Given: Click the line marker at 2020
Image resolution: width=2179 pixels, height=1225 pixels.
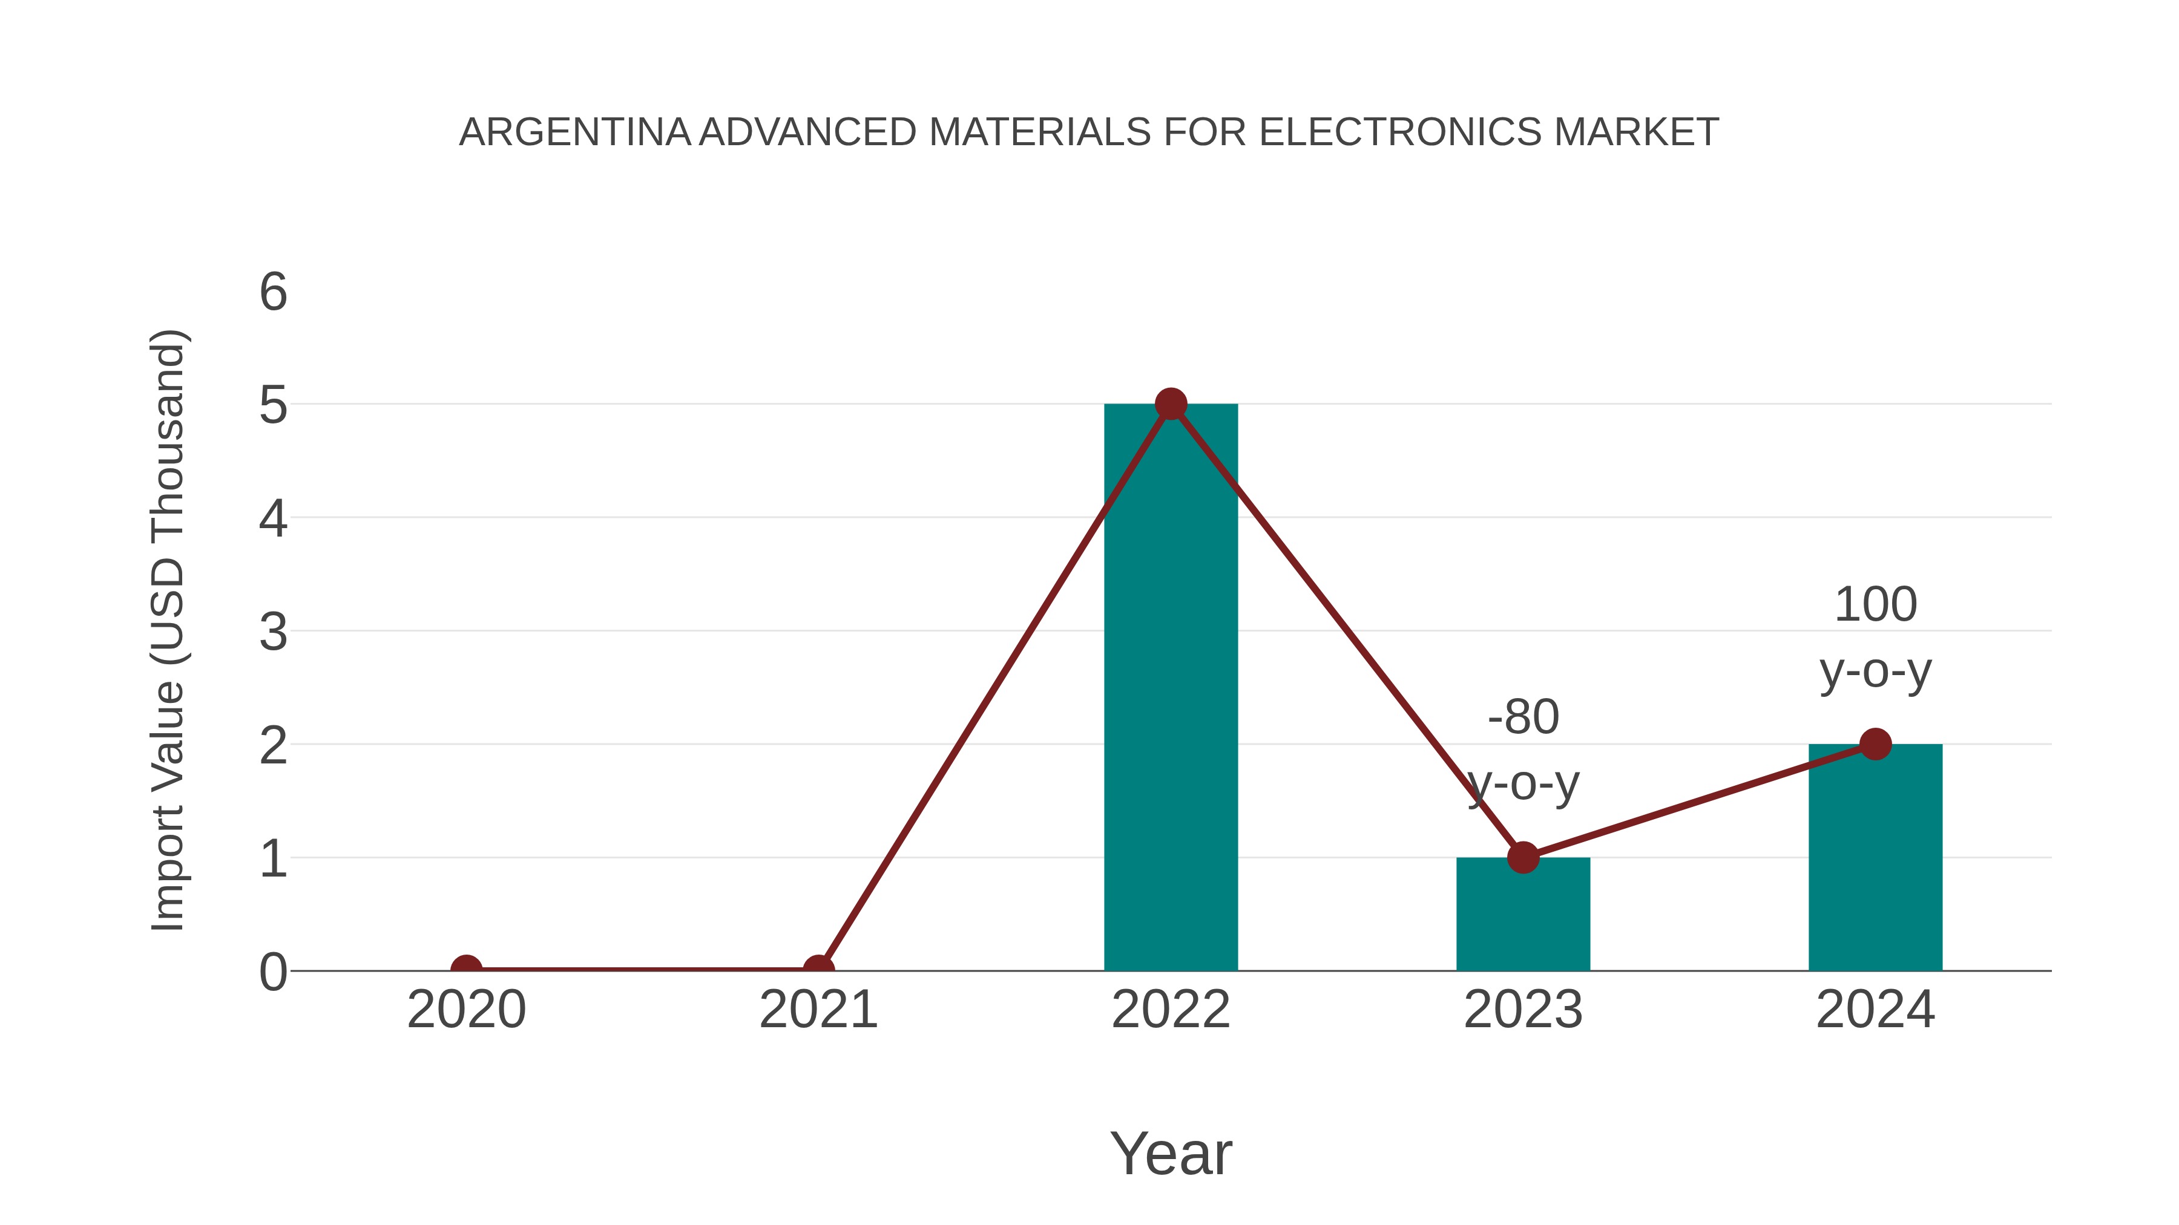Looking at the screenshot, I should (x=466, y=969).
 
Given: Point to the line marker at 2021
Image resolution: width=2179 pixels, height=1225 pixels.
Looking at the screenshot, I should (x=818, y=969).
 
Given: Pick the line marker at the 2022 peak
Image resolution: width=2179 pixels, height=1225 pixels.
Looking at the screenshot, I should (x=1171, y=404).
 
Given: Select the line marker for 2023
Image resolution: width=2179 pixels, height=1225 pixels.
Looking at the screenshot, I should (x=1523, y=857).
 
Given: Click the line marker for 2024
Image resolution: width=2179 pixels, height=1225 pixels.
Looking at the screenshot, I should (x=1875, y=744).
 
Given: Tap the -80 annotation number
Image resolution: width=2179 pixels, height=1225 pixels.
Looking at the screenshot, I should (x=1523, y=717).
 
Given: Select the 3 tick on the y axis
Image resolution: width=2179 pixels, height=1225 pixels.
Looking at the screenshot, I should (x=273, y=632).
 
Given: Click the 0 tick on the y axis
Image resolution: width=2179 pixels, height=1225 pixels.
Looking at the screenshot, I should (x=273, y=972).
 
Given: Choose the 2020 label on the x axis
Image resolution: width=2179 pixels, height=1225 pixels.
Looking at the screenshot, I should (x=466, y=1010).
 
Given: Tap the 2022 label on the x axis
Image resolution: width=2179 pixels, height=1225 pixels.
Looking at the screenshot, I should (x=1171, y=1010).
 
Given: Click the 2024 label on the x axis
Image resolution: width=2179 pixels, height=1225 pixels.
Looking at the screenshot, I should (x=1875, y=1010).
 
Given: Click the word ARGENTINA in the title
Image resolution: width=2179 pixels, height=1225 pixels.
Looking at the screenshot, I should (x=575, y=132).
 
